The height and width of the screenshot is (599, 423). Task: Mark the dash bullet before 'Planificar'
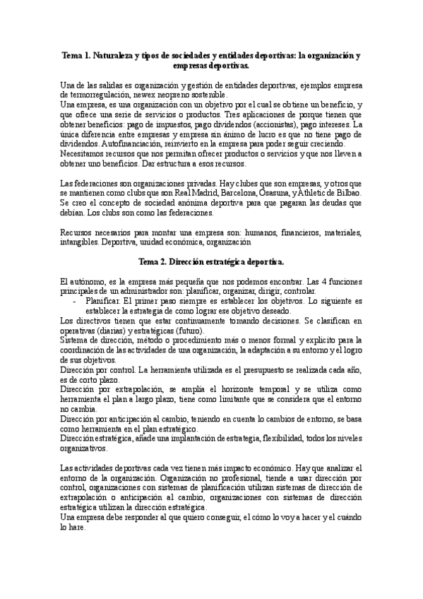point(76,299)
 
